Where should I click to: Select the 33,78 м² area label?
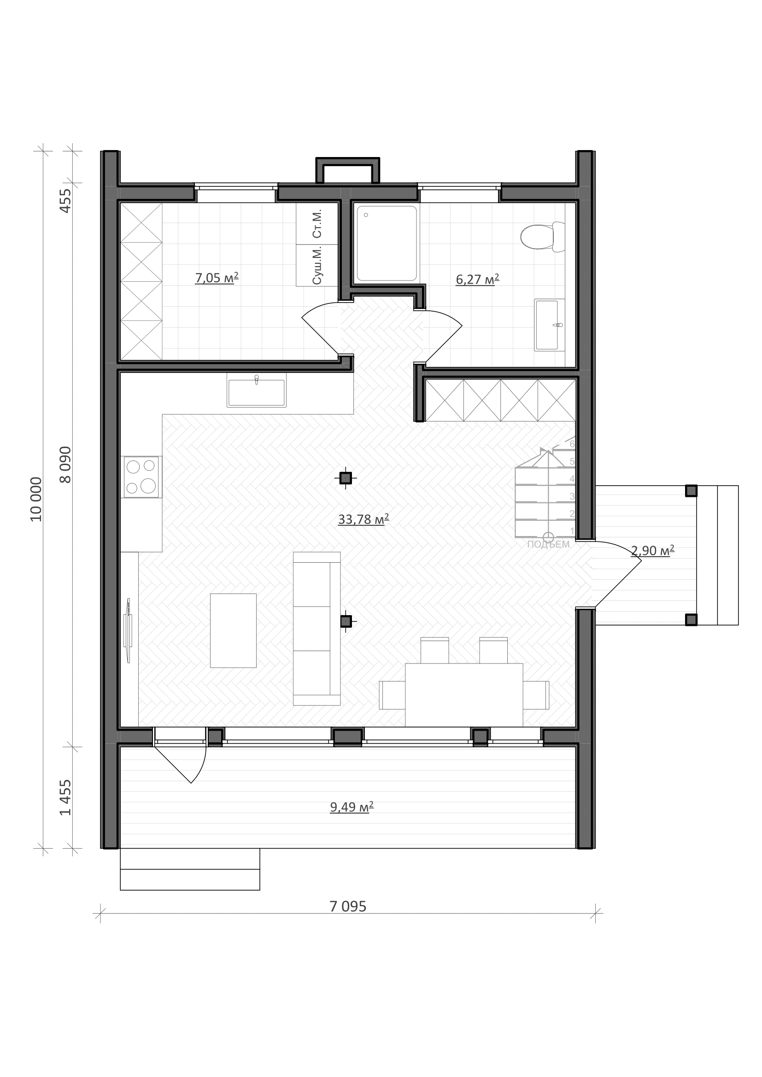(x=363, y=519)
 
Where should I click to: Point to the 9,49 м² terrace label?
(x=352, y=807)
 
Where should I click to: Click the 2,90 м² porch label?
(x=653, y=550)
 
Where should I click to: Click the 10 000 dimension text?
(x=36, y=499)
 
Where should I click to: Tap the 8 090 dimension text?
(x=66, y=465)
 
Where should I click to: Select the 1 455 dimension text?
(x=66, y=798)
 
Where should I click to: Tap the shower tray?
(x=387, y=244)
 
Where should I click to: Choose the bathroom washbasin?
(x=550, y=325)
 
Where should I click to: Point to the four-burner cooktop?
(x=141, y=477)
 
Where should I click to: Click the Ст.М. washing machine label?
(x=317, y=223)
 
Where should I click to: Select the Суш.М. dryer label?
(x=317, y=265)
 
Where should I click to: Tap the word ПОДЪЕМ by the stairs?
(x=548, y=545)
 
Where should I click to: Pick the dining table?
(x=463, y=695)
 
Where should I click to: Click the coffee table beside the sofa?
(x=233, y=630)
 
